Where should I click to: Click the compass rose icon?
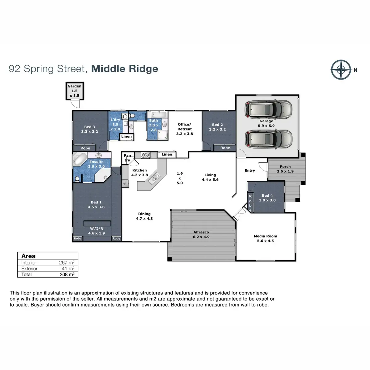point(341,70)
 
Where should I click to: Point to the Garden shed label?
point(75,91)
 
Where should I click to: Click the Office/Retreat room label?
point(184,129)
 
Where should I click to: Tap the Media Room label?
point(265,238)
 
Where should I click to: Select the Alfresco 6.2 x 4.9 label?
point(201,235)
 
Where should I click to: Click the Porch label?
point(285,169)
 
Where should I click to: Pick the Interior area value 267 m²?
point(67,263)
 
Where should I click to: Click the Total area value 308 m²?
point(67,274)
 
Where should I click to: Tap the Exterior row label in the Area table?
point(29,269)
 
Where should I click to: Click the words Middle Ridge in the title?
point(125,68)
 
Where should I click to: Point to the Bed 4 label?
point(267,198)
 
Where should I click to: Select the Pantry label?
point(127,158)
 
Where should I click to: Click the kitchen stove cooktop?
point(146,155)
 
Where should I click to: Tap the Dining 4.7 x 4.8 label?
point(144,216)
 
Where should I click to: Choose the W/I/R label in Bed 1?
point(97,231)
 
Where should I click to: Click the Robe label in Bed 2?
point(225,148)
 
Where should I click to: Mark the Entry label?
point(250,171)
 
